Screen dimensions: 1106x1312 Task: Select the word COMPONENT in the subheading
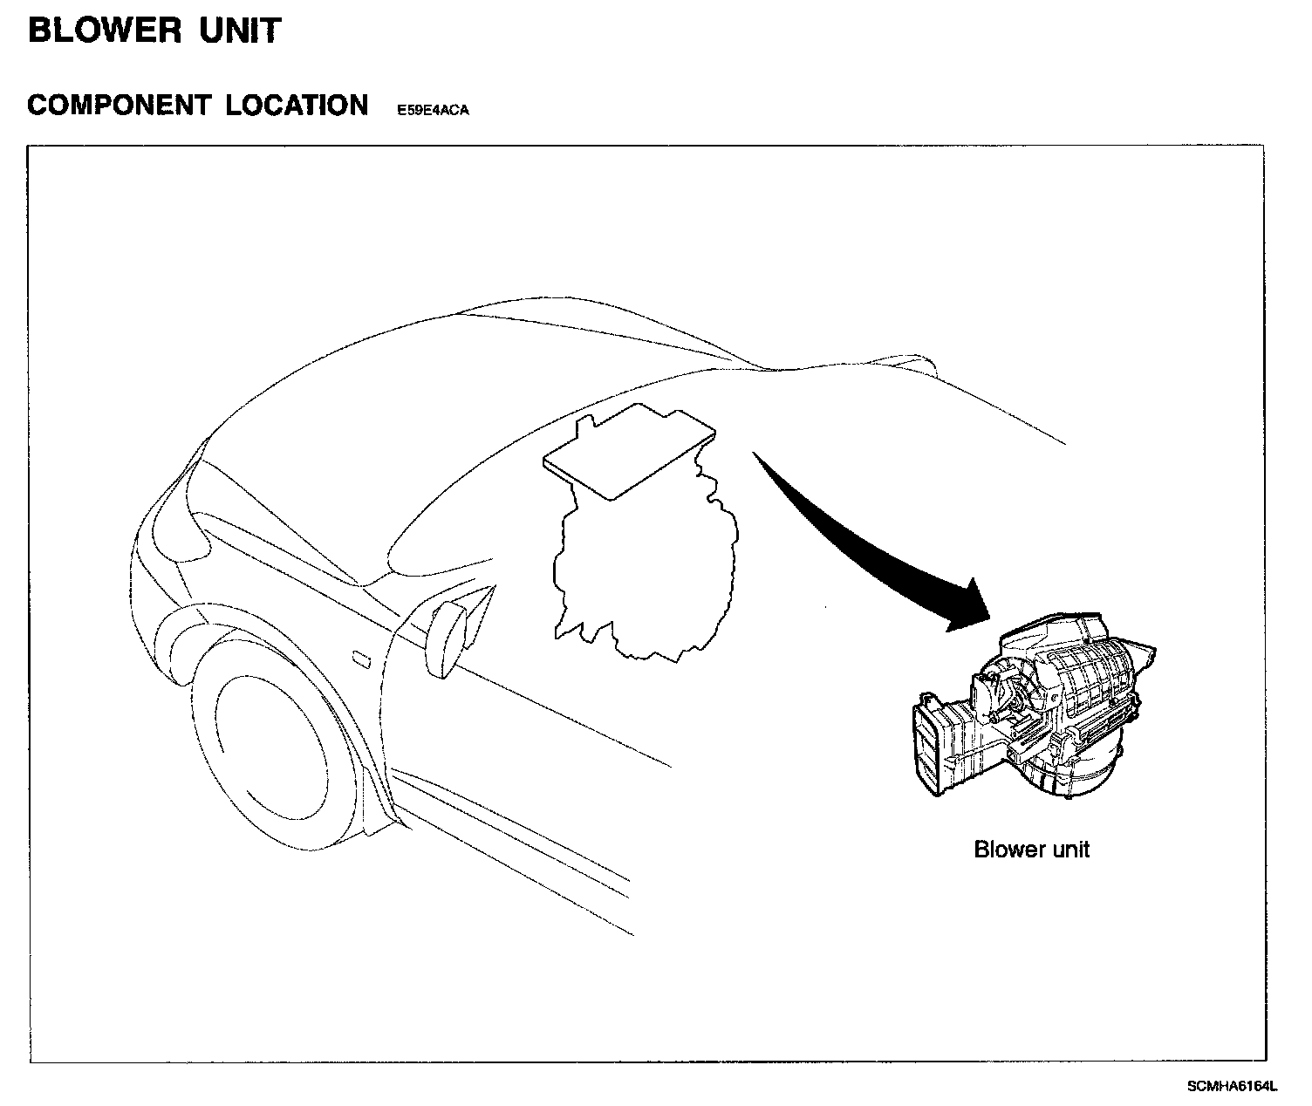pyautogui.click(x=119, y=106)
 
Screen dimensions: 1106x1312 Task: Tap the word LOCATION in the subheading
pyautogui.click(x=297, y=106)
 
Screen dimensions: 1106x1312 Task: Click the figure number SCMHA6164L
pyautogui.click(x=1231, y=1086)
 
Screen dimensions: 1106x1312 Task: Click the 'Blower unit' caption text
pyautogui.click(x=1031, y=849)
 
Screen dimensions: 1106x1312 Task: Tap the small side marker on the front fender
pyautogui.click(x=359, y=659)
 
